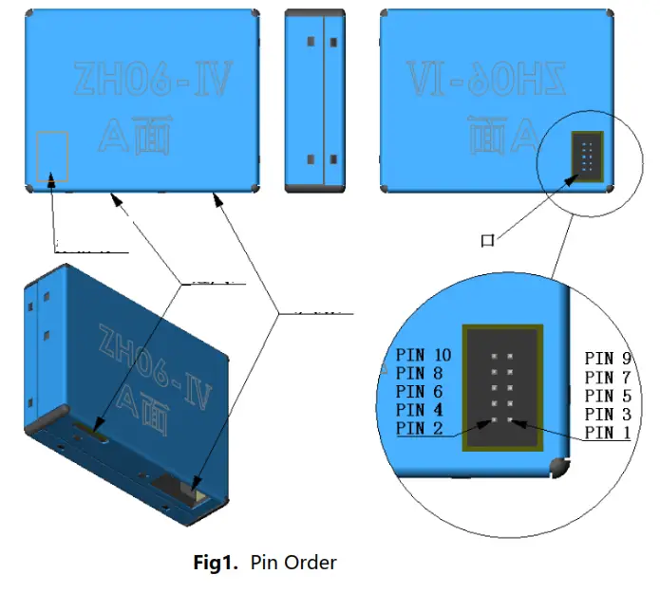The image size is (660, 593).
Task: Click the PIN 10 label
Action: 424,356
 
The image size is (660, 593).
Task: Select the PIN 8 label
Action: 420,374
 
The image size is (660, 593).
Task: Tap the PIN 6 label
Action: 420,392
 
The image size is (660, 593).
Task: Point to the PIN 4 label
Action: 420,411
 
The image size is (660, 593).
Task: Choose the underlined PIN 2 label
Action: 420,429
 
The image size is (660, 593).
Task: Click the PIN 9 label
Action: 608,359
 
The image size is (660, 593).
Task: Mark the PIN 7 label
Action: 608,378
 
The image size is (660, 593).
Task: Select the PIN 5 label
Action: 608,396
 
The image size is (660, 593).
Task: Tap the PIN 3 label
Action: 608,415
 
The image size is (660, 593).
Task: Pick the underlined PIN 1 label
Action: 608,433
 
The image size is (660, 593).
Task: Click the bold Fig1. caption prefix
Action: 218,563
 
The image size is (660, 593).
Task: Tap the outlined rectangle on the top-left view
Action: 52,156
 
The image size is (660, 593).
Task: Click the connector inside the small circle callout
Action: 586,155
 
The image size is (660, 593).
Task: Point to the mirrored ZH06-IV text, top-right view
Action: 486,81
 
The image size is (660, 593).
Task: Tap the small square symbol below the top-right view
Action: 487,241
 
